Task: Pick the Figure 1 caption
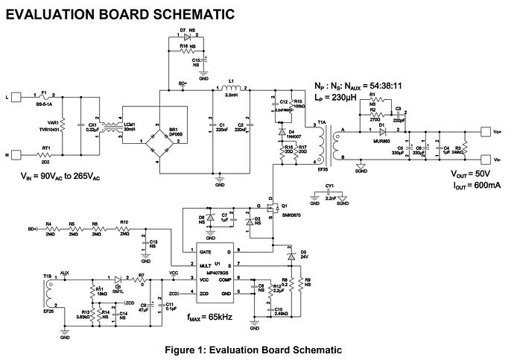(x=257, y=350)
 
